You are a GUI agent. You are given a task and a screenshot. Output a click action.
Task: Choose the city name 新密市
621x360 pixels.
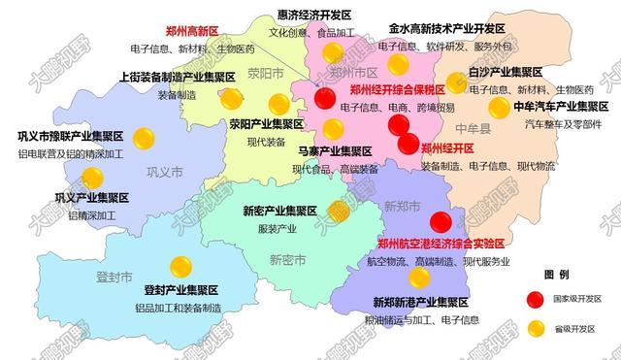coord(288,259)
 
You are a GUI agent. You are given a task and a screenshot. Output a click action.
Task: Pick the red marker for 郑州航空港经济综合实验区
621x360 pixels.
coord(441,222)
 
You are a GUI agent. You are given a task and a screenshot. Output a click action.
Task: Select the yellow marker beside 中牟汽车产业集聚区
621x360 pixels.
coord(499,107)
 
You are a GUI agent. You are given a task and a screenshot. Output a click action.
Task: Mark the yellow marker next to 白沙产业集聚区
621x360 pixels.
coord(456,82)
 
